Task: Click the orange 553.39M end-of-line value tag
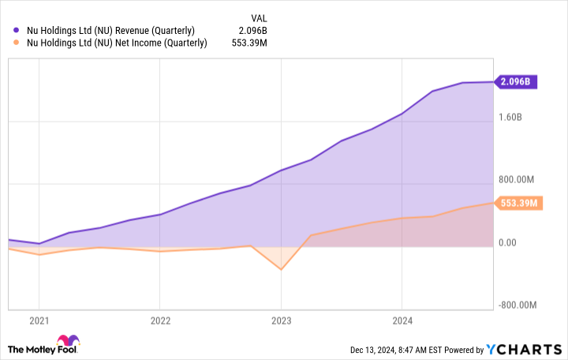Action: pos(518,203)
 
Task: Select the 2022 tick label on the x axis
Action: pos(160,321)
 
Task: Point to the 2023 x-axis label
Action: pos(282,321)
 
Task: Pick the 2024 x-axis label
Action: pos(402,321)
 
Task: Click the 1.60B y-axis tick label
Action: pos(512,117)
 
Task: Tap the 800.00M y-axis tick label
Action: pos(518,179)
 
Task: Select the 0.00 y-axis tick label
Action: pos(506,242)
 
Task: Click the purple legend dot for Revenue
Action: pos(16,31)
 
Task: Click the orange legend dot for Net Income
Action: pos(16,43)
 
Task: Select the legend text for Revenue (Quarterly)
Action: pos(110,31)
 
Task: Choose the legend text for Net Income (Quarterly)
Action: pos(116,43)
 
